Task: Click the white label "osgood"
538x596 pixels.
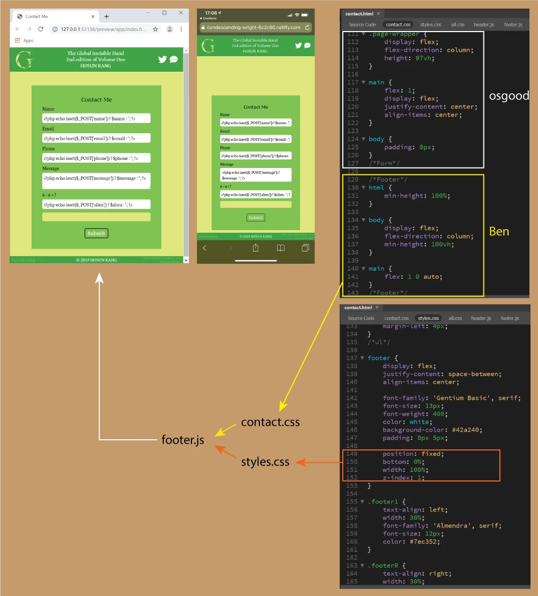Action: (509, 96)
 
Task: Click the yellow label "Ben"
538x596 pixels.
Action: (499, 232)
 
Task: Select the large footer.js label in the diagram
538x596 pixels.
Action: (183, 441)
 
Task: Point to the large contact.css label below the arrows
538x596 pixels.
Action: (270, 422)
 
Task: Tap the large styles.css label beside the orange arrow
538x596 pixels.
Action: (265, 462)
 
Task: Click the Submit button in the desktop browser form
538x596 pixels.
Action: (96, 233)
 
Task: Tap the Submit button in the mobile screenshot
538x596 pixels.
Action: (256, 218)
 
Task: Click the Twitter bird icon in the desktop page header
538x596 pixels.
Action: (163, 59)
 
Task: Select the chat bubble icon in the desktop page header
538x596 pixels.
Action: (174, 59)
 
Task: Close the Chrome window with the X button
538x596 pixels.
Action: (181, 13)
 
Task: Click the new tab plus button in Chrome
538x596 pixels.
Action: (106, 17)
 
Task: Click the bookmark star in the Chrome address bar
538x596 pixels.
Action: (156, 29)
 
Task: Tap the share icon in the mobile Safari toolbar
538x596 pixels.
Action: (256, 248)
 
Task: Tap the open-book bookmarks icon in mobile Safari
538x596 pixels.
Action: (281, 248)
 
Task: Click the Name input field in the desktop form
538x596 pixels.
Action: (96, 118)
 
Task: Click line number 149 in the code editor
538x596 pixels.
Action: (351, 454)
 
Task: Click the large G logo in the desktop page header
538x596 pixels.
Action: (24, 59)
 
